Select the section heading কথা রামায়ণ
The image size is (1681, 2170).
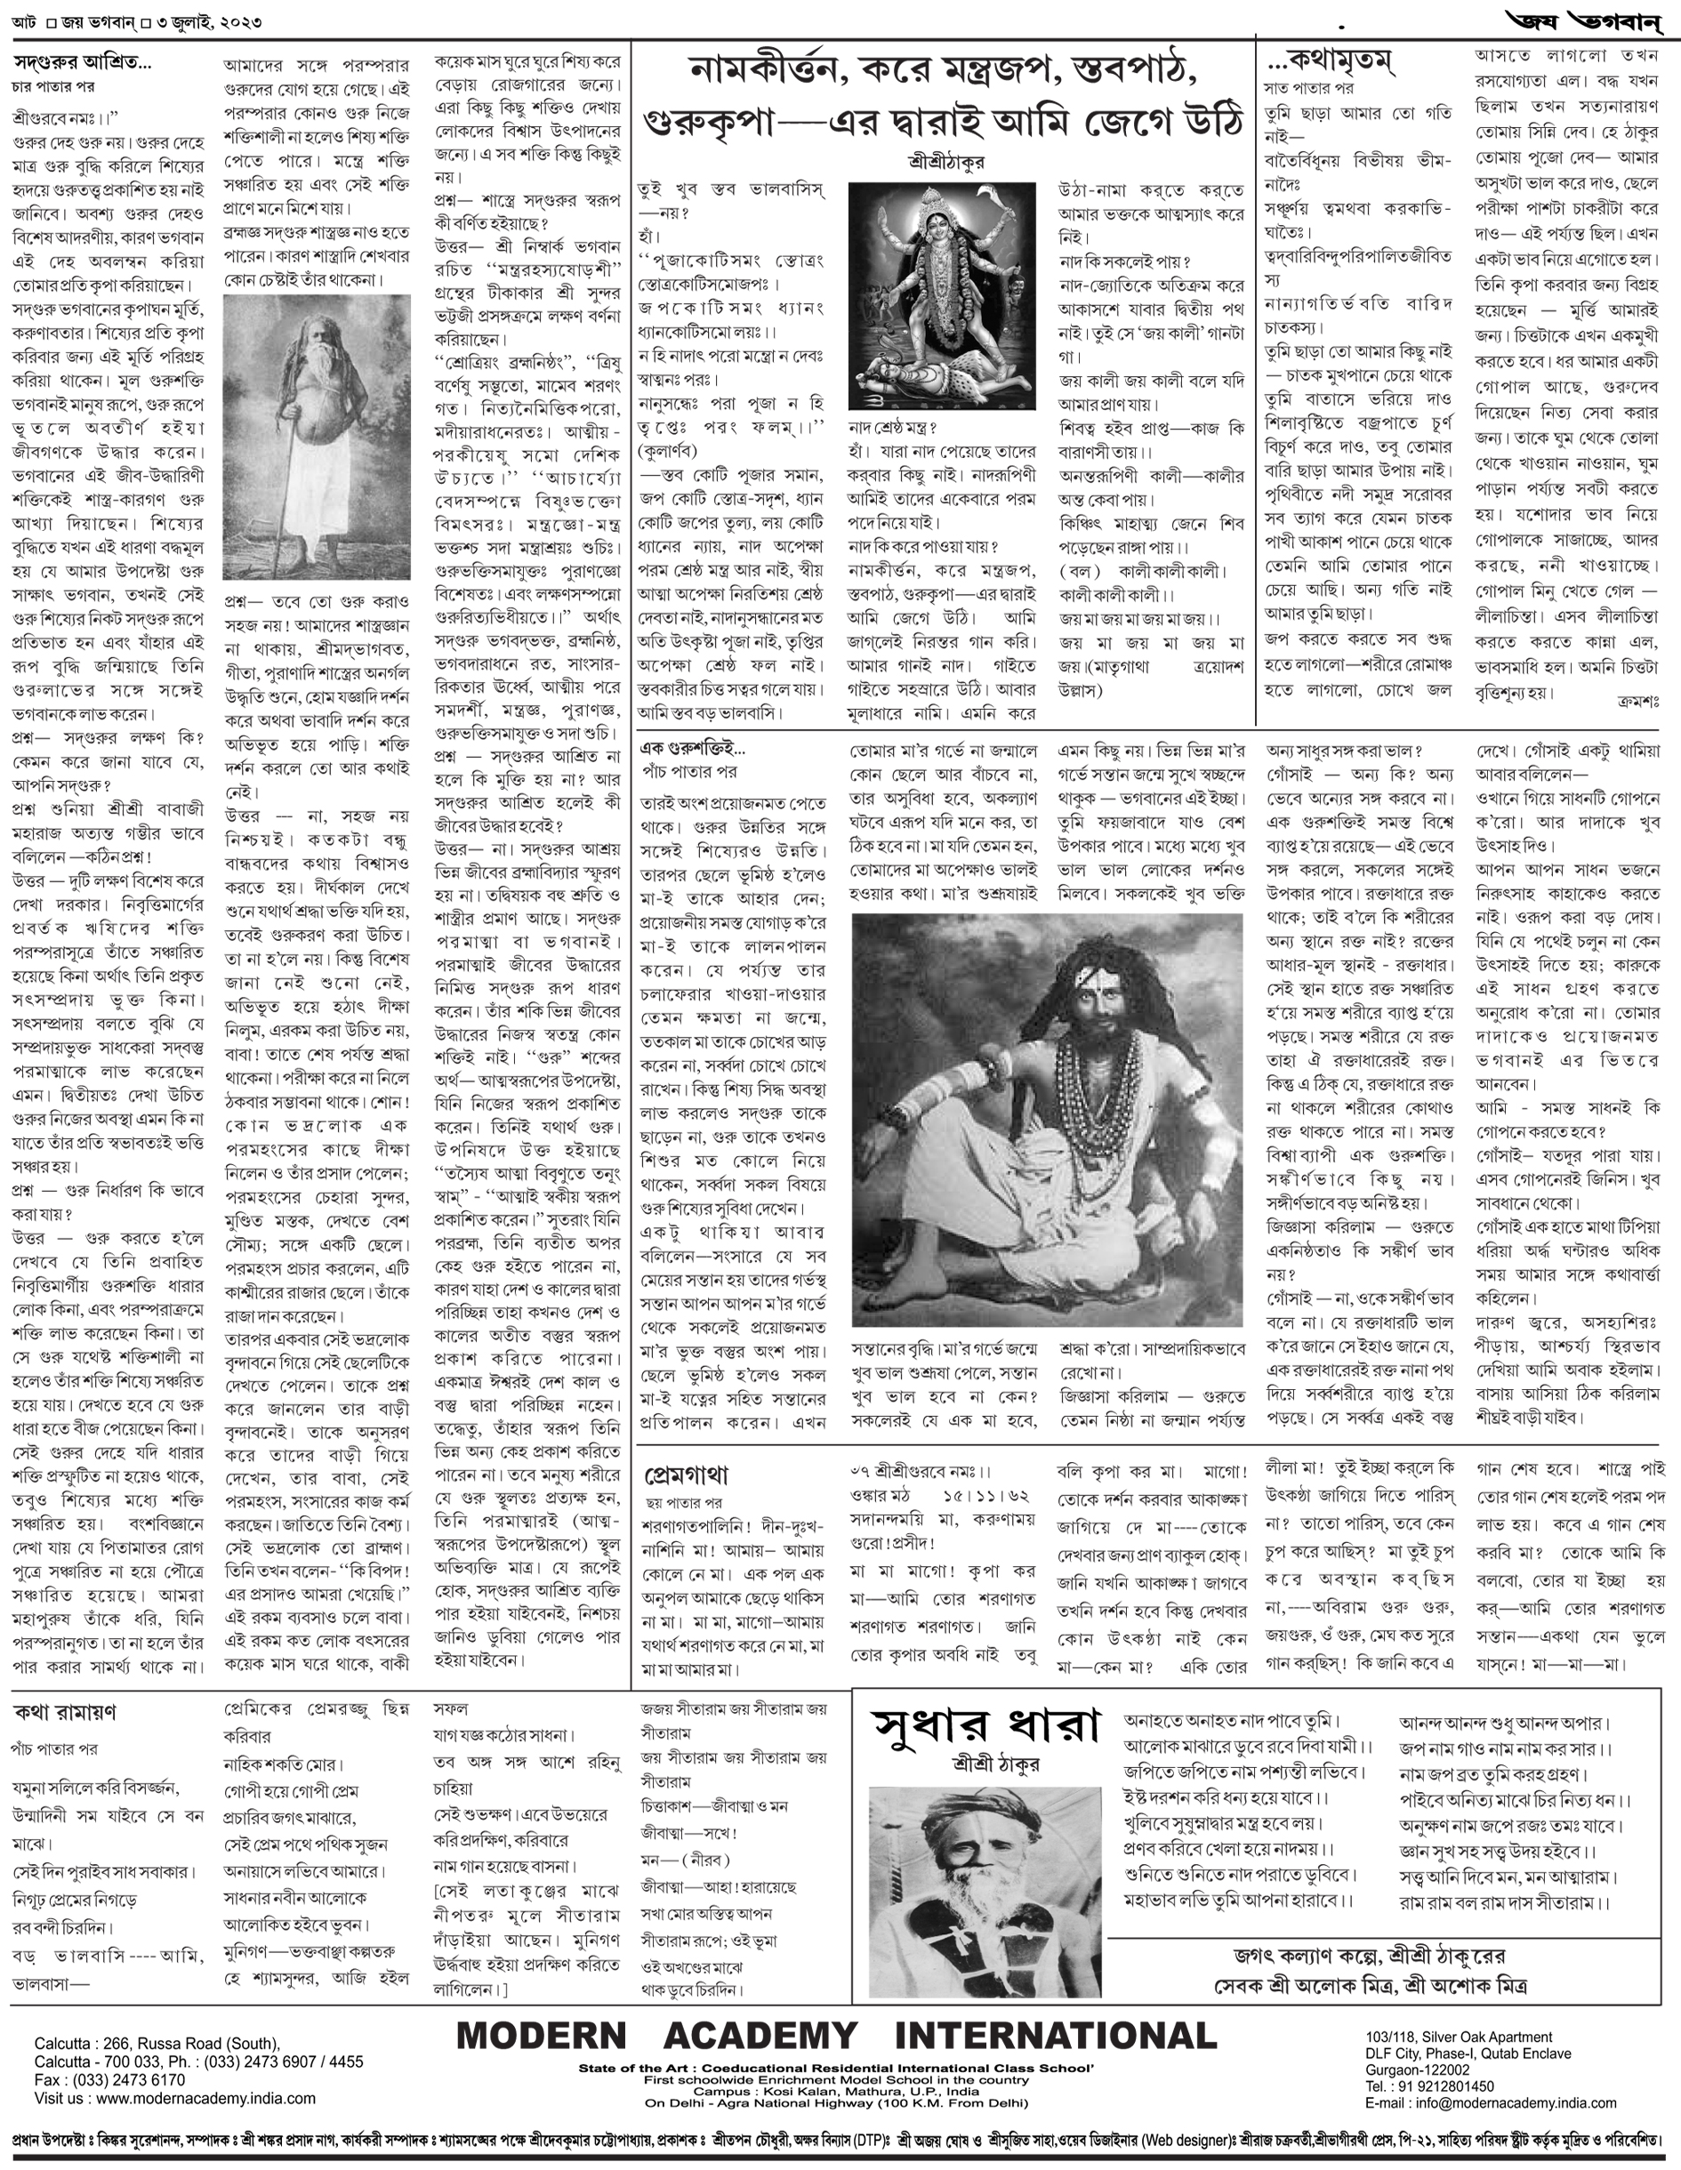(66, 1713)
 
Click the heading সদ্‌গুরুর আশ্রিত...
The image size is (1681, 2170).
(82, 62)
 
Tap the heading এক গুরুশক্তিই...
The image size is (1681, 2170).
(693, 748)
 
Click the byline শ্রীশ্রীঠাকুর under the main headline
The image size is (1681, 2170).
(945, 160)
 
